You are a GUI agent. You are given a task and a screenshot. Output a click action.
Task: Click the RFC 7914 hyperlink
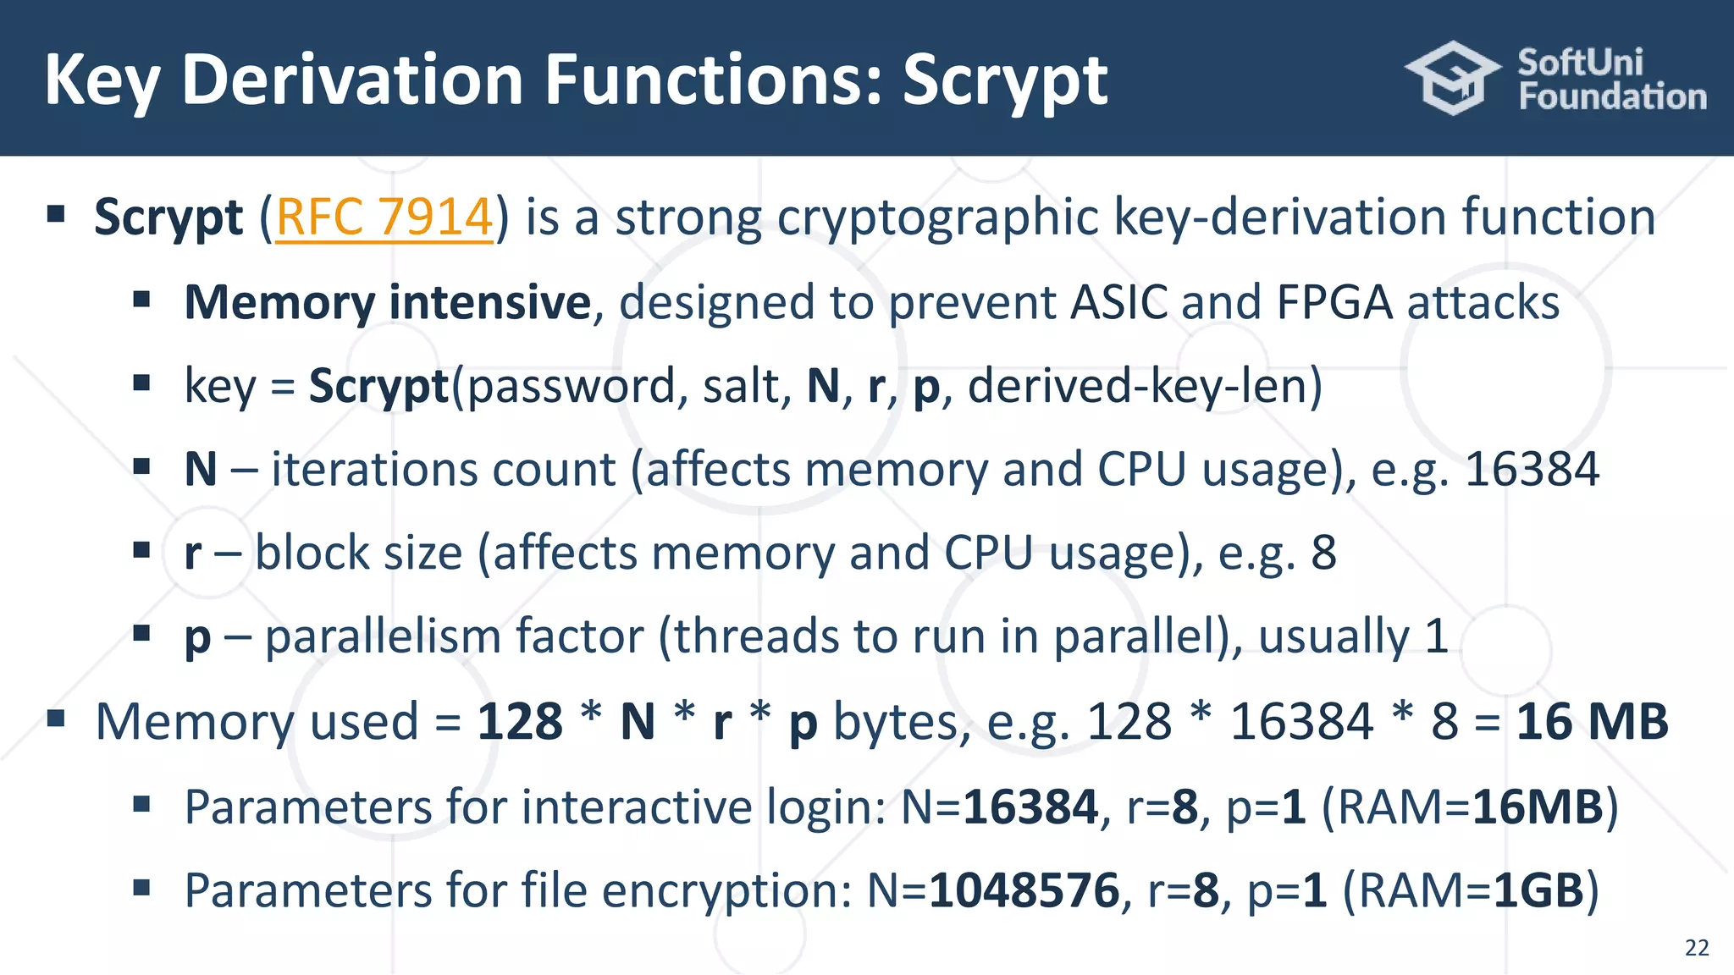coord(384,218)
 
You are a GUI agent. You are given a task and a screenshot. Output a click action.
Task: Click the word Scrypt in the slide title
coord(1005,81)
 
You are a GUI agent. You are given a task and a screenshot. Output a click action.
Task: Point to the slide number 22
coord(1697,947)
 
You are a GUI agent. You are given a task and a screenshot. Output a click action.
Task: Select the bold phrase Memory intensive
coord(387,303)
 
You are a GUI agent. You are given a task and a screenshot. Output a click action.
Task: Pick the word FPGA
coord(1334,303)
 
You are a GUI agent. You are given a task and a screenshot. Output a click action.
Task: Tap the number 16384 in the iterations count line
coord(1532,470)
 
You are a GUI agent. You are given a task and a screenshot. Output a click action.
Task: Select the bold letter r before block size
coord(193,554)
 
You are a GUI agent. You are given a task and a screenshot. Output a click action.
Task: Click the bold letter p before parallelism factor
coord(197,638)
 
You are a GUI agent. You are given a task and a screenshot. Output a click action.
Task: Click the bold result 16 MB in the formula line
coord(1592,722)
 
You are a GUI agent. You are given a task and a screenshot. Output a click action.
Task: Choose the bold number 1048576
coord(1024,890)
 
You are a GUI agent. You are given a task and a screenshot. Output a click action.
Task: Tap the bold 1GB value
coord(1538,890)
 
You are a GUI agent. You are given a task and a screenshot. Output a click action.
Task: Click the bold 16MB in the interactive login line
coord(1538,807)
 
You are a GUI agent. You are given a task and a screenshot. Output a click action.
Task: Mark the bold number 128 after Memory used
coord(520,722)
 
